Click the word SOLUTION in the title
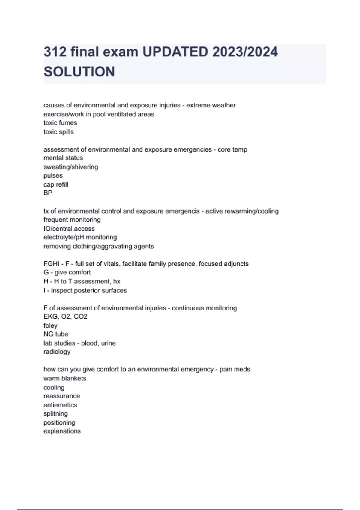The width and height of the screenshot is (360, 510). point(79,72)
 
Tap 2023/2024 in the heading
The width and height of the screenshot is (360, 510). point(245,52)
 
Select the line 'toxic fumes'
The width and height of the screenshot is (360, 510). point(60,123)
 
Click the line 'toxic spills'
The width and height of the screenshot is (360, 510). point(58,132)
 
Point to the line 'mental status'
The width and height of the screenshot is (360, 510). point(63,158)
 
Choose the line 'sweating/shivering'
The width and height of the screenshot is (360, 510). point(71,167)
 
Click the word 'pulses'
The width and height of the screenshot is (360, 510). point(53,175)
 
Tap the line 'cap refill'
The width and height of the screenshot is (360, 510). point(56,184)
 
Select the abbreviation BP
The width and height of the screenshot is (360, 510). point(48,193)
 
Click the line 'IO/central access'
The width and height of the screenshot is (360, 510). point(69,229)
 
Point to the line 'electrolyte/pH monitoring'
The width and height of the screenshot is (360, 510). point(80,237)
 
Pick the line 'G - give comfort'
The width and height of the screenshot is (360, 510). point(67,272)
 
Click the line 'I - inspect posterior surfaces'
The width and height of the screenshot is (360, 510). point(85,290)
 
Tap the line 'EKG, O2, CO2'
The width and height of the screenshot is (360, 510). point(65,316)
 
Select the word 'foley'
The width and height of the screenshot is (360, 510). point(50,325)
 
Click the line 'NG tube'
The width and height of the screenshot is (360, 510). point(56,334)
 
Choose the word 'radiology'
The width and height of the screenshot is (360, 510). point(57,352)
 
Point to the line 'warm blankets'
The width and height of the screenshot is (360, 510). point(65,378)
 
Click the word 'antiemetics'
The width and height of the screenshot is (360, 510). point(60,405)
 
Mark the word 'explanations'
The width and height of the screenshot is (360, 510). point(62,431)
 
